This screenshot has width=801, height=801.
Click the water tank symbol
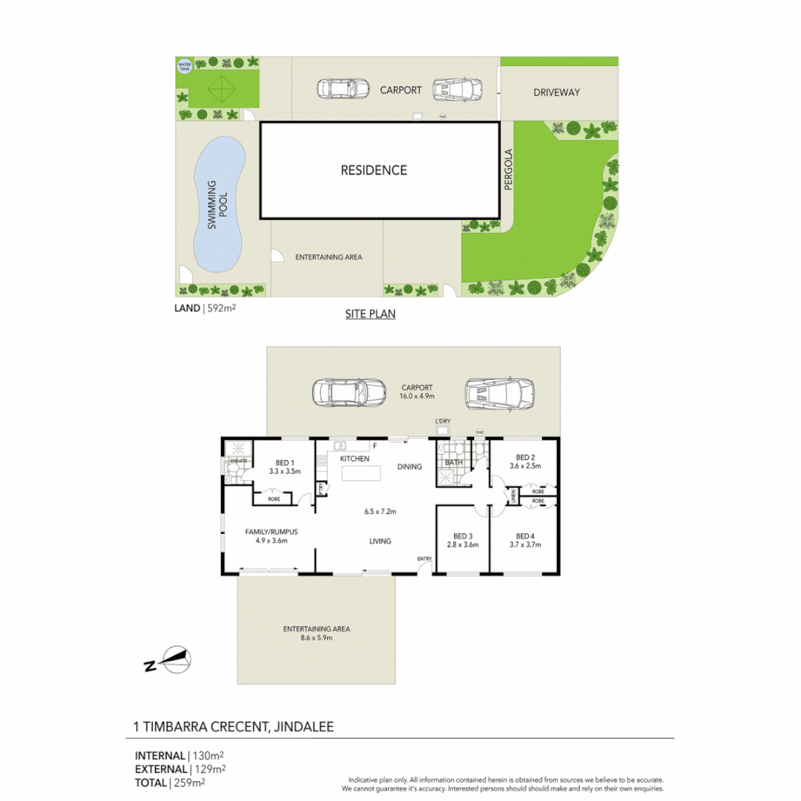tap(184, 65)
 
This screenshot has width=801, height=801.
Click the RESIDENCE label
tap(374, 170)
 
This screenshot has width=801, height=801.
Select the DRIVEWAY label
tap(556, 93)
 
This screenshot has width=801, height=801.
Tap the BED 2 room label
tap(525, 457)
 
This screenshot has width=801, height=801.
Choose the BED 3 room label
tap(462, 536)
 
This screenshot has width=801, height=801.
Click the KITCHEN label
tap(355, 459)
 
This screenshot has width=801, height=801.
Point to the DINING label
tap(409, 467)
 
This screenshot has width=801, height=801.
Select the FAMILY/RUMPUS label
tap(271, 532)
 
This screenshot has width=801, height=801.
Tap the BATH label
tap(453, 463)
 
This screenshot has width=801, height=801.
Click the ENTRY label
tap(424, 558)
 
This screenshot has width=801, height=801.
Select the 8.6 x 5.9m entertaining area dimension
tap(316, 638)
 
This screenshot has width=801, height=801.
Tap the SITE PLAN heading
tap(370, 314)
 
